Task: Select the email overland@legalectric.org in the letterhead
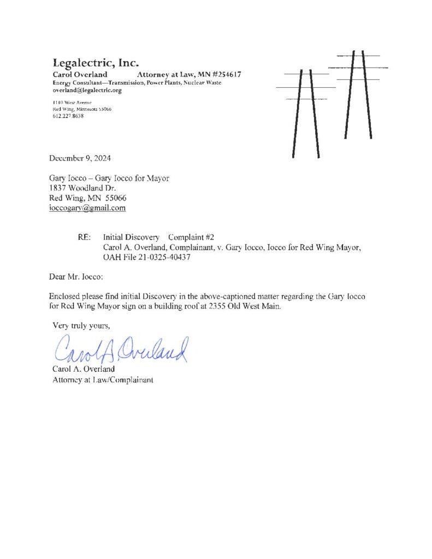point(87,90)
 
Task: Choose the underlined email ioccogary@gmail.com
point(87,207)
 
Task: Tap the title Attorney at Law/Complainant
point(102,379)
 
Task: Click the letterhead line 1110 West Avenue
point(68,103)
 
